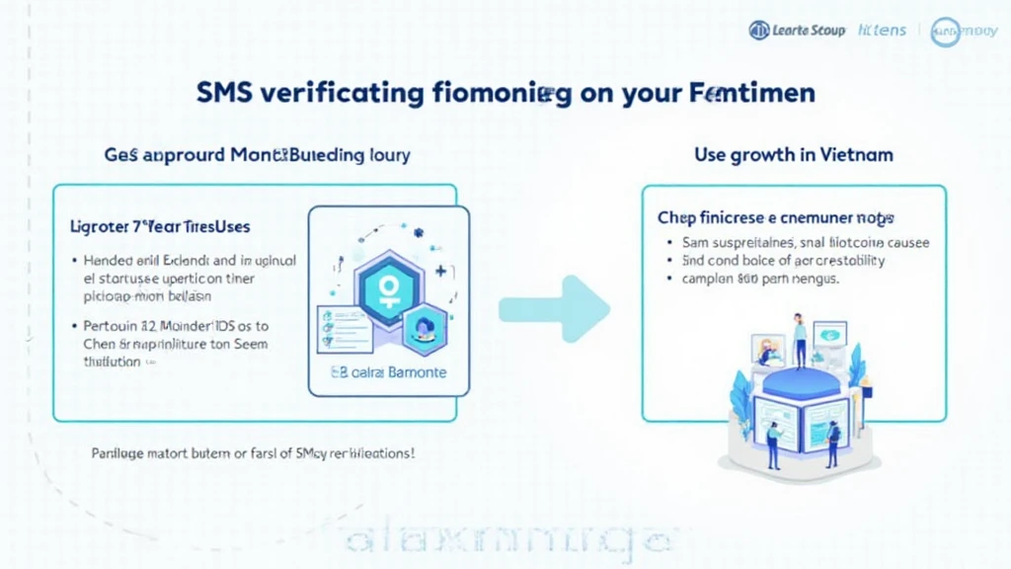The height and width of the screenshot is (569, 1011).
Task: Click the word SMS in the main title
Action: [225, 95]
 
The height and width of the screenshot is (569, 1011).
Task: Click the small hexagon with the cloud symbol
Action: [423, 328]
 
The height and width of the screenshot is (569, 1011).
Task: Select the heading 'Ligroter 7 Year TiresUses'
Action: [160, 226]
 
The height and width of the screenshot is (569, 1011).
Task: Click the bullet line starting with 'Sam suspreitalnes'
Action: [805, 242]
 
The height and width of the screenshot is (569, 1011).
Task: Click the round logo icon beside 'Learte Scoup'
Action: [758, 31]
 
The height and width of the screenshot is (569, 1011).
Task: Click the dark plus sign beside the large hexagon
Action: [439, 268]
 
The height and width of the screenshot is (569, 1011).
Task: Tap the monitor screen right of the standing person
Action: [829, 333]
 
